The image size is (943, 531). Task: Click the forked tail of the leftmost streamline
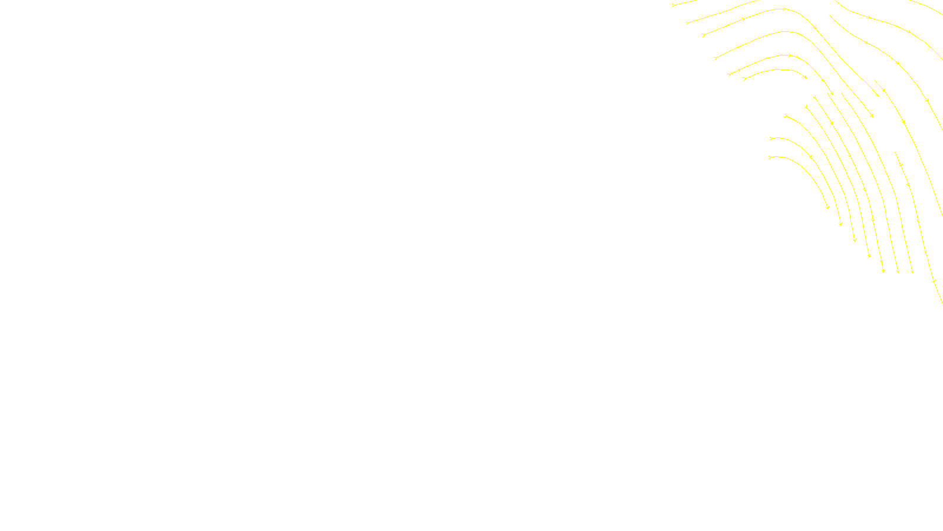673,5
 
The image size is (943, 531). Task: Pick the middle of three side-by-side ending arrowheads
898,271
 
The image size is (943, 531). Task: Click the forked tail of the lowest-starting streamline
770,157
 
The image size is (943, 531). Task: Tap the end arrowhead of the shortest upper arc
805,77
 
